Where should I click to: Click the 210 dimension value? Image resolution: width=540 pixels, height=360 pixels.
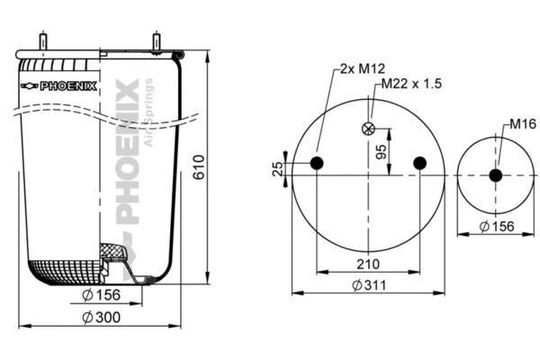[367, 264]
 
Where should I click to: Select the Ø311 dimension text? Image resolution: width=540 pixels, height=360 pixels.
[367, 285]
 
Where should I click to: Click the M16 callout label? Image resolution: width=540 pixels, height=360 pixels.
[522, 123]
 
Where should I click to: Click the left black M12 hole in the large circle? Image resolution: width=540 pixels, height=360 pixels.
[317, 163]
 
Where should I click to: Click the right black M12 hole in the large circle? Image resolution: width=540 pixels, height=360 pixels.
[418, 163]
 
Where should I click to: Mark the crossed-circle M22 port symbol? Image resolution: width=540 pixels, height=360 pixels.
[367, 128]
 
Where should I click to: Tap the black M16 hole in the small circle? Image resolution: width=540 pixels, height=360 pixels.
[496, 175]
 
